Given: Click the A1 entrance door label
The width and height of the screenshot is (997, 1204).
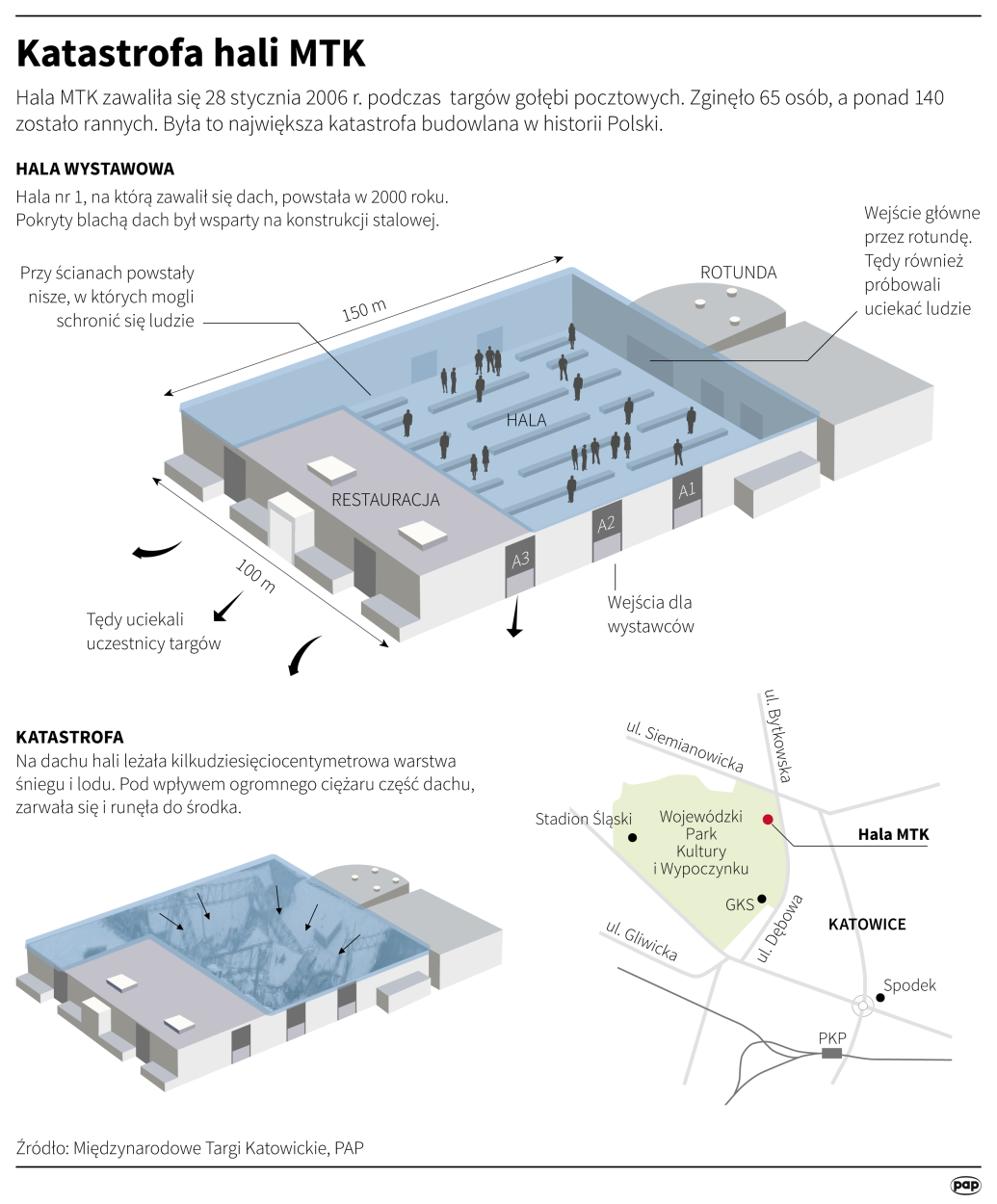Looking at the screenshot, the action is tap(686, 490).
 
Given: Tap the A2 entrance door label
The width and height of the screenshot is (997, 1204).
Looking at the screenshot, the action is tap(606, 525).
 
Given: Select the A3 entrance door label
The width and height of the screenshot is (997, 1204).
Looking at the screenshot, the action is tap(520, 560).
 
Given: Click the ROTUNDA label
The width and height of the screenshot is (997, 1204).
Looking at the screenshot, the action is tap(738, 273).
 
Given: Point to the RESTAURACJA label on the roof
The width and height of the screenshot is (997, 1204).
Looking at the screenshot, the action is tap(385, 499).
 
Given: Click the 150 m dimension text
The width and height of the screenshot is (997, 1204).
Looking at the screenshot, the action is tap(364, 310).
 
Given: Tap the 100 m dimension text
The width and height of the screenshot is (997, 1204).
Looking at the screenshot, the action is tap(255, 576).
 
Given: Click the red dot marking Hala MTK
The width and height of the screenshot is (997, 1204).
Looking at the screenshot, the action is tap(768, 820).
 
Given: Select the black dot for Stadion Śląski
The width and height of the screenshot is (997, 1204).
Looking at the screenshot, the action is tap(633, 837).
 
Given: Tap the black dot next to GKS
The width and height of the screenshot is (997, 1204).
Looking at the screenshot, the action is tap(762, 899).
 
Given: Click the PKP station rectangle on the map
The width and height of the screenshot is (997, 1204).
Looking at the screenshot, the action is tap(831, 1054).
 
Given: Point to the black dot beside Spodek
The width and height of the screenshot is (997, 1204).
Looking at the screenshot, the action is tap(879, 998).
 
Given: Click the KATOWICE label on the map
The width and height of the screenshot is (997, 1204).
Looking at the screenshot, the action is tap(867, 925).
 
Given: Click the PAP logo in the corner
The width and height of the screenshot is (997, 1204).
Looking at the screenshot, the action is tap(965, 1185).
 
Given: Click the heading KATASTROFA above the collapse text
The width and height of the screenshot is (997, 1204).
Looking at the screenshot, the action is tap(69, 737).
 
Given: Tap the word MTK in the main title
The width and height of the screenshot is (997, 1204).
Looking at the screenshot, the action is tap(327, 54).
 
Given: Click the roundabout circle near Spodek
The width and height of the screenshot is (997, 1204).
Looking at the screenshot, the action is tap(863, 1006).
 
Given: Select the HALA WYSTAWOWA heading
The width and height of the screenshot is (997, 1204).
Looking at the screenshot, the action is tap(95, 169).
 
